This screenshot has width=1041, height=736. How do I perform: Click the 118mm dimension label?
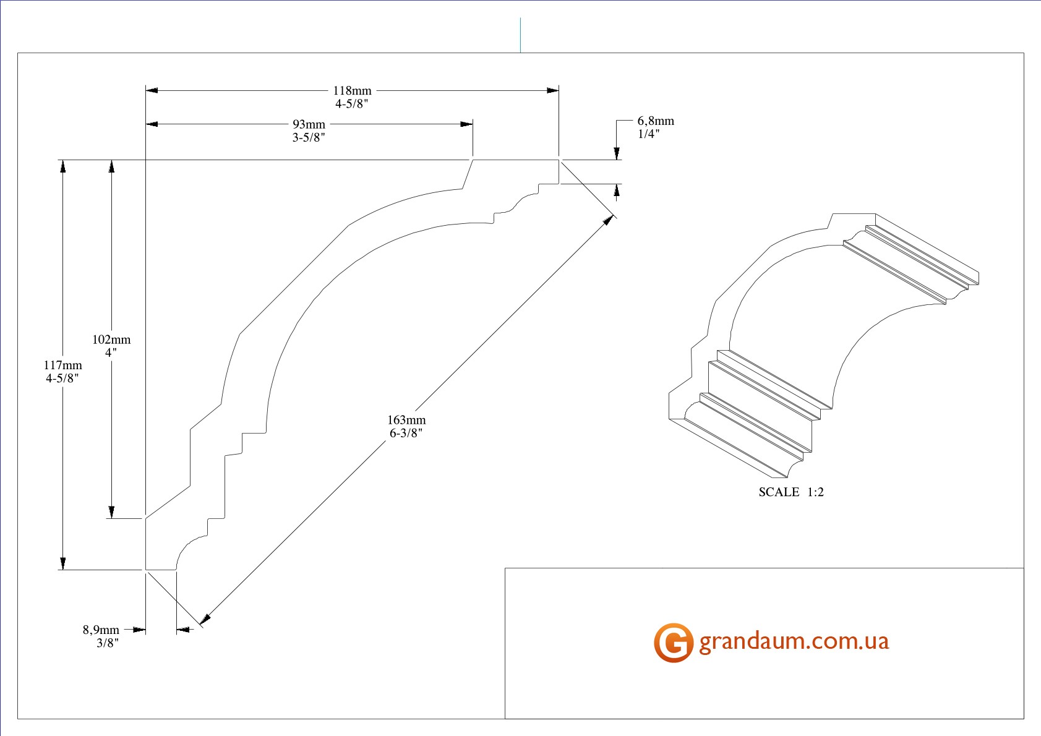(x=352, y=90)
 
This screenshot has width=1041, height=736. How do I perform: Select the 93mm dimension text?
(x=309, y=124)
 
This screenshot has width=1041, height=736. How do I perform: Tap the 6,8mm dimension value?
(x=656, y=121)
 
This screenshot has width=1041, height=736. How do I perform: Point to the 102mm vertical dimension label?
(x=111, y=339)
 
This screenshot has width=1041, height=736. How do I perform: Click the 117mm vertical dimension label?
(x=62, y=365)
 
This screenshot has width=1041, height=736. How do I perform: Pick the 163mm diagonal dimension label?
(x=406, y=420)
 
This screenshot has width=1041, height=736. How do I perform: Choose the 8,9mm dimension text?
(x=101, y=630)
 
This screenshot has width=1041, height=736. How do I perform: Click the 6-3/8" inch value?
(x=406, y=433)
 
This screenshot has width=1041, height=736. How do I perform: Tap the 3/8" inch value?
(x=107, y=643)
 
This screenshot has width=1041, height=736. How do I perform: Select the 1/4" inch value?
(x=648, y=134)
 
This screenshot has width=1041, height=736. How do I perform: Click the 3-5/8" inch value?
(x=309, y=137)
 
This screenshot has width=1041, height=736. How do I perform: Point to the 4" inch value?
(x=111, y=352)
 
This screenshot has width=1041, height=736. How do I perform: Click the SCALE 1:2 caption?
(x=791, y=492)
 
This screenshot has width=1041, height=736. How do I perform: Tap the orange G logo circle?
(x=673, y=643)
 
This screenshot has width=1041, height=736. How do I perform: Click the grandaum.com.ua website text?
(x=794, y=641)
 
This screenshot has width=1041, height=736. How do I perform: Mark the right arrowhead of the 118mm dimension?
(x=553, y=90)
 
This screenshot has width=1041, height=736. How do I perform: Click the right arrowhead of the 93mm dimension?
(x=467, y=124)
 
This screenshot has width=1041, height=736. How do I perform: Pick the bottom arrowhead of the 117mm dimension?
(x=62, y=563)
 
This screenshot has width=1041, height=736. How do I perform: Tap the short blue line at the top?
(x=520, y=35)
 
